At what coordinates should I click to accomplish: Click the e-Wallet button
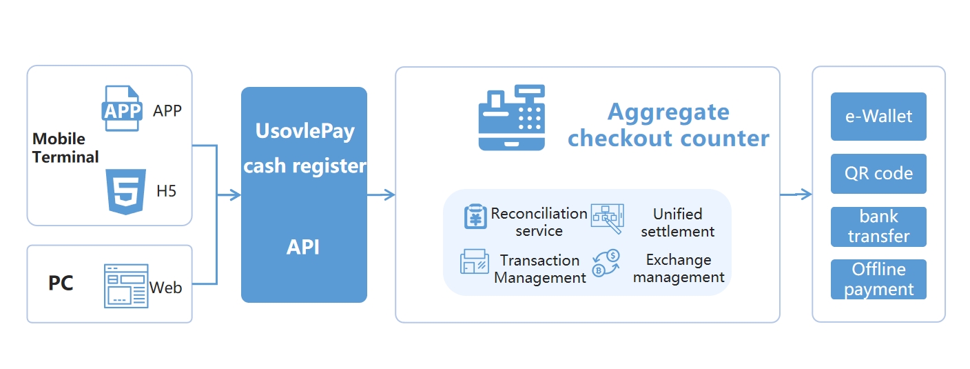878,117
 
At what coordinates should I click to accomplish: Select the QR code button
878,174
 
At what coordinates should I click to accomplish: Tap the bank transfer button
878,227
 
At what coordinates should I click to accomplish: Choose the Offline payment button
878,279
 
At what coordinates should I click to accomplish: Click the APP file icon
122,108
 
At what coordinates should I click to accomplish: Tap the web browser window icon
126,286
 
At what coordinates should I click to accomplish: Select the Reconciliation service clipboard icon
475,217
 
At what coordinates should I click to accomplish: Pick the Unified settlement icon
607,218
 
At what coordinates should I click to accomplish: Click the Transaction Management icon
475,262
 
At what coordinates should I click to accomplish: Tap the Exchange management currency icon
607,263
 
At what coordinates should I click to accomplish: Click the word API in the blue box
303,247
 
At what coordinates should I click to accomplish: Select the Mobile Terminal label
65,148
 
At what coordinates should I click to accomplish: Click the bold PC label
61,283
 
